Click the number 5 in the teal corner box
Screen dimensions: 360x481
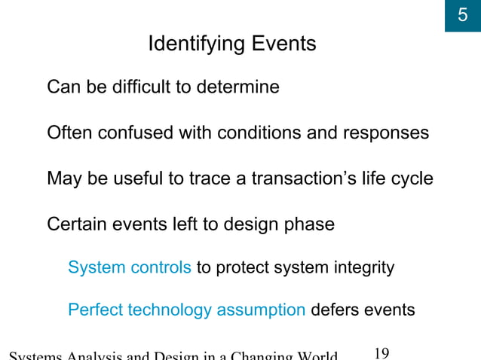pos(463,15)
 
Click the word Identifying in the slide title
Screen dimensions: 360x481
pos(194,44)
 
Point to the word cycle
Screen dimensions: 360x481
pos(412,179)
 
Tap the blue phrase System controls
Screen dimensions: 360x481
pos(129,267)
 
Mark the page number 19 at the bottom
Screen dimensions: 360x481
pos(381,354)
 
